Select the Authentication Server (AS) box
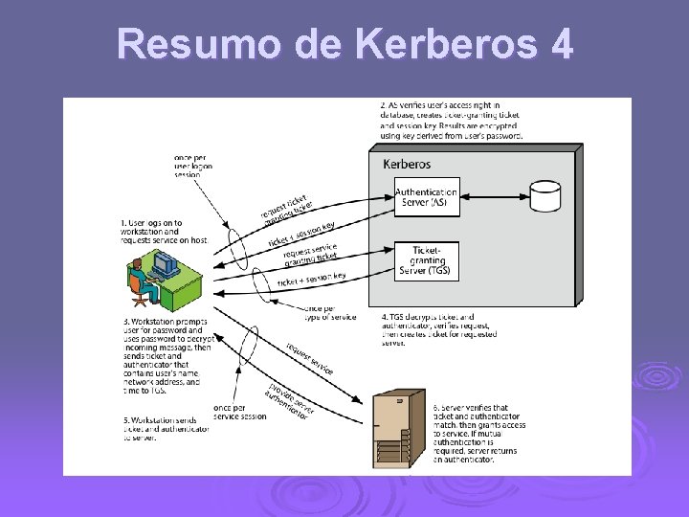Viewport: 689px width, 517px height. (426, 197)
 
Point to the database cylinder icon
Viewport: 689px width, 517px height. (545, 195)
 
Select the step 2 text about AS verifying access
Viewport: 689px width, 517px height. (451, 120)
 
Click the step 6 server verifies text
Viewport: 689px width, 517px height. (478, 433)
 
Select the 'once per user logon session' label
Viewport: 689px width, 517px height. (193, 166)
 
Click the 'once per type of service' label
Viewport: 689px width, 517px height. (328, 312)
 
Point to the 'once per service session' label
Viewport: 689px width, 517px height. (241, 412)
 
